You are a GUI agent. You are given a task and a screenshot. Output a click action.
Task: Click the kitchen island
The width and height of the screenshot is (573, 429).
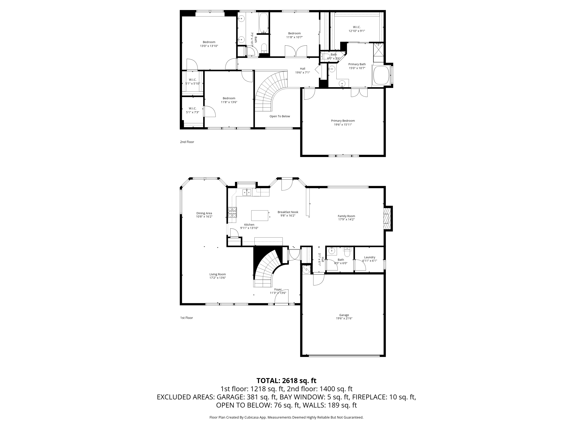tap(260, 215)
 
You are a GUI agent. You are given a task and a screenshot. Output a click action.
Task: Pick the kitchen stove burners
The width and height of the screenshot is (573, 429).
tap(232, 212)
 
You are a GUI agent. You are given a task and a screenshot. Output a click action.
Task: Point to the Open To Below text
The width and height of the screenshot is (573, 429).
tap(280, 116)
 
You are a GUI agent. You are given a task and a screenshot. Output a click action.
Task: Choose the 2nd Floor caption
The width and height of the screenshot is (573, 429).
tap(187, 142)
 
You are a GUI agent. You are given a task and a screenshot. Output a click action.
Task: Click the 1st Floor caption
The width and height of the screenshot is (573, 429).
tap(187, 318)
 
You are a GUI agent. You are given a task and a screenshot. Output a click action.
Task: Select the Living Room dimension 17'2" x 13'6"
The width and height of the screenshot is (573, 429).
tap(218, 278)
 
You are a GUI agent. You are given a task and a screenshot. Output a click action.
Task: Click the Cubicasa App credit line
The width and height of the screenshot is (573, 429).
tap(286, 417)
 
